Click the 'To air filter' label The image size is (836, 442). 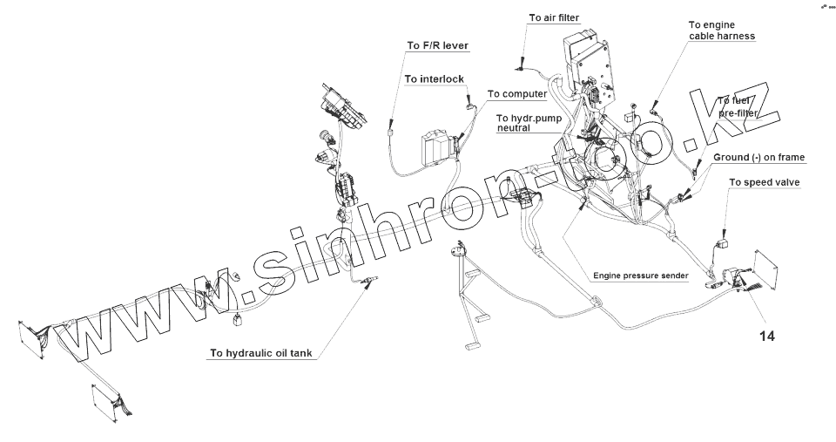[554, 17]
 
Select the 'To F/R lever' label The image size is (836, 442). [437, 44]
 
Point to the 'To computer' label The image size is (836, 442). [516, 93]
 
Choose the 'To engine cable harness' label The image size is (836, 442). [721, 31]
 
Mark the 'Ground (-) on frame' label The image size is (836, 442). [758, 157]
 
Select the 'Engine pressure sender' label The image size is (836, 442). [640, 275]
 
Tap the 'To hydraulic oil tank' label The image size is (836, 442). [260, 354]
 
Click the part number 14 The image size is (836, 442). [765, 334]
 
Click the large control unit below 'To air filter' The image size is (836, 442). [586, 58]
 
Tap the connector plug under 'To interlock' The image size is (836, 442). [471, 105]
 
